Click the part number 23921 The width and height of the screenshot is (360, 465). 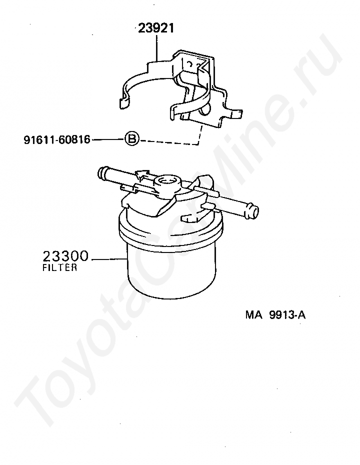pyautogui.click(x=156, y=28)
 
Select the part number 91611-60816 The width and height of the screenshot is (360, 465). pyautogui.click(x=56, y=139)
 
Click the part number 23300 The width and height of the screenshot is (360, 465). pyautogui.click(x=65, y=257)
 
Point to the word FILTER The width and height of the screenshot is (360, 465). pyautogui.click(x=59, y=268)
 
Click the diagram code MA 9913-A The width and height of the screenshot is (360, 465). pyautogui.click(x=275, y=315)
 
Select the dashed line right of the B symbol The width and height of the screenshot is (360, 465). pyautogui.click(x=170, y=143)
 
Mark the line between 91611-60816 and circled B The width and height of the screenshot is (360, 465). pyautogui.click(x=108, y=139)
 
